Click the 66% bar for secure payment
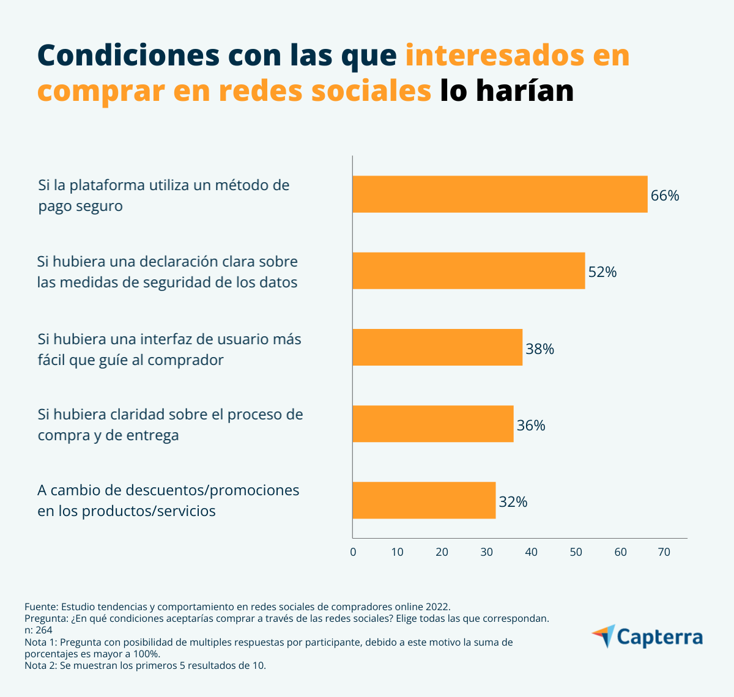(500, 194)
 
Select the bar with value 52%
(469, 271)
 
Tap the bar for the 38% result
(437, 347)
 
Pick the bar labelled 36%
(433, 424)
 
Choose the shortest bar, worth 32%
(424, 500)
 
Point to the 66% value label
(665, 196)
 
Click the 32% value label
(513, 502)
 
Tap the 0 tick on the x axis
(353, 552)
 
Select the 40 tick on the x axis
(531, 552)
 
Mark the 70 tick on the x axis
(664, 552)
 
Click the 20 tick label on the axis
(442, 552)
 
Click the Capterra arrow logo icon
(604, 636)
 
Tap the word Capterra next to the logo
(660, 637)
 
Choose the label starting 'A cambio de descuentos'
(168, 500)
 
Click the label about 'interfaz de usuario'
(169, 349)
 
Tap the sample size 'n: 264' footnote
(39, 630)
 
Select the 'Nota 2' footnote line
(146, 665)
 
